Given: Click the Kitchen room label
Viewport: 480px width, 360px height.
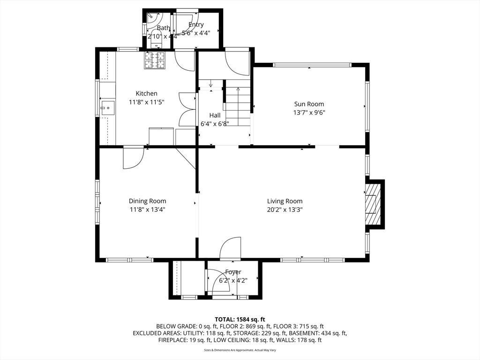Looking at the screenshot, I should tap(146, 93).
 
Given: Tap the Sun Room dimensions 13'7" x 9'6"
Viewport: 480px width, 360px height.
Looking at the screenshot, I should tap(309, 112).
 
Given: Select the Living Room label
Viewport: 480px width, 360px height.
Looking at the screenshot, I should tap(285, 201).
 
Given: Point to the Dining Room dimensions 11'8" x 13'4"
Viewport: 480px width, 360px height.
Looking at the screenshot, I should tap(147, 210).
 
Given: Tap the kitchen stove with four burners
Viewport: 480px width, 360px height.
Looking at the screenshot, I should tap(155, 60).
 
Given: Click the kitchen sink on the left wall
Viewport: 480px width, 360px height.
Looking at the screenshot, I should tap(106, 108).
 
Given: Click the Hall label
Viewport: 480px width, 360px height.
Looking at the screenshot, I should tap(215, 115).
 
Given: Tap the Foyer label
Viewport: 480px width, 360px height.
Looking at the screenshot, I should tap(233, 272).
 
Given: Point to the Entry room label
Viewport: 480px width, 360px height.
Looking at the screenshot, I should tap(196, 25).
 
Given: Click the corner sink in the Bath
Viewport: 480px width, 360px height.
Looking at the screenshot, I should tap(151, 18).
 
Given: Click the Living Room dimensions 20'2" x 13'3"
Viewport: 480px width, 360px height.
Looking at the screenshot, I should tap(285, 210).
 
